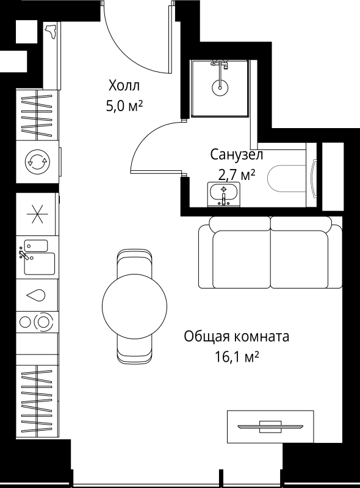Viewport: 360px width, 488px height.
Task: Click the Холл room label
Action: click(x=124, y=85)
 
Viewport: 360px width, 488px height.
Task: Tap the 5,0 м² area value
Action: click(x=124, y=106)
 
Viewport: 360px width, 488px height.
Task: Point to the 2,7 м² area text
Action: click(x=232, y=175)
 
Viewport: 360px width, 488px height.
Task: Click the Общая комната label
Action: click(x=236, y=336)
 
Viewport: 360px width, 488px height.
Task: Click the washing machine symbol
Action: click(x=37, y=162)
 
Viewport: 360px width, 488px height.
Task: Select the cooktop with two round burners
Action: click(x=37, y=321)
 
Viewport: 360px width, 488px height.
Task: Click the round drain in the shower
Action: click(x=219, y=87)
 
